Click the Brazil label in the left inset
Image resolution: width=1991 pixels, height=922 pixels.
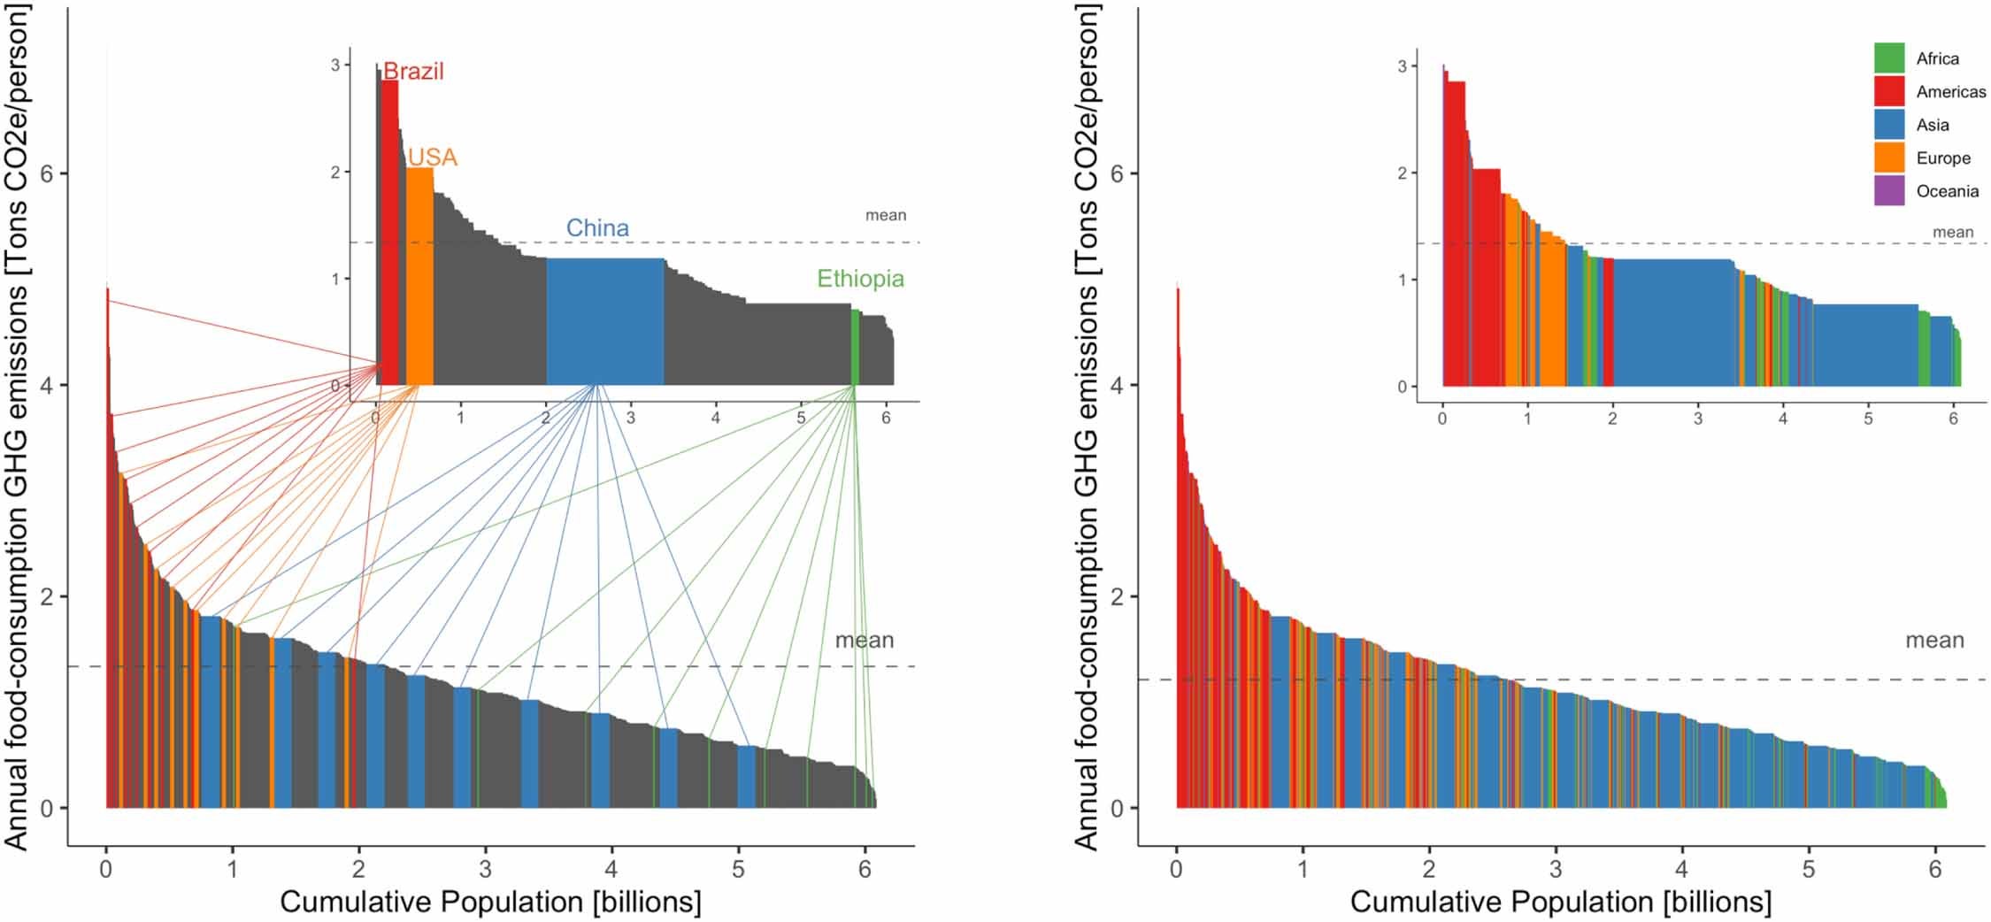[x=413, y=72]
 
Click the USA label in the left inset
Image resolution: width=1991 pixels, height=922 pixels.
[x=432, y=158]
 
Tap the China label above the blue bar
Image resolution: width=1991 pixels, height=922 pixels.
[x=597, y=228]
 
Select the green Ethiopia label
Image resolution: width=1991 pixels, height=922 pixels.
[x=859, y=280]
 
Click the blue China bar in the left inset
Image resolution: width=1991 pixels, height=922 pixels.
[x=604, y=323]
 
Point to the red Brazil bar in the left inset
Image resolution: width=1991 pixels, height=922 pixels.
[x=389, y=239]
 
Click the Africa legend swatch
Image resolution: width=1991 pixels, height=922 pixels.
[x=1888, y=58]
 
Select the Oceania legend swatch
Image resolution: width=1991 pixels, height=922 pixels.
[x=1888, y=191]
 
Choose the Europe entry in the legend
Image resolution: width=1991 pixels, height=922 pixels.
[x=1943, y=158]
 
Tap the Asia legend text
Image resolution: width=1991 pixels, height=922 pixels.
[x=1933, y=126]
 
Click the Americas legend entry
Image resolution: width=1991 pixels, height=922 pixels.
[x=1950, y=92]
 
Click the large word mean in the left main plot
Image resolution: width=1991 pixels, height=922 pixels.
[x=864, y=641]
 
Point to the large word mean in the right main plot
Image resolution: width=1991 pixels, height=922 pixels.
[x=1933, y=641]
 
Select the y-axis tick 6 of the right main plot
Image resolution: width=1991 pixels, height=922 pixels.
[x=1118, y=173]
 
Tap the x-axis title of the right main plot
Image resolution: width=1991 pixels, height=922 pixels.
[x=1560, y=903]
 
